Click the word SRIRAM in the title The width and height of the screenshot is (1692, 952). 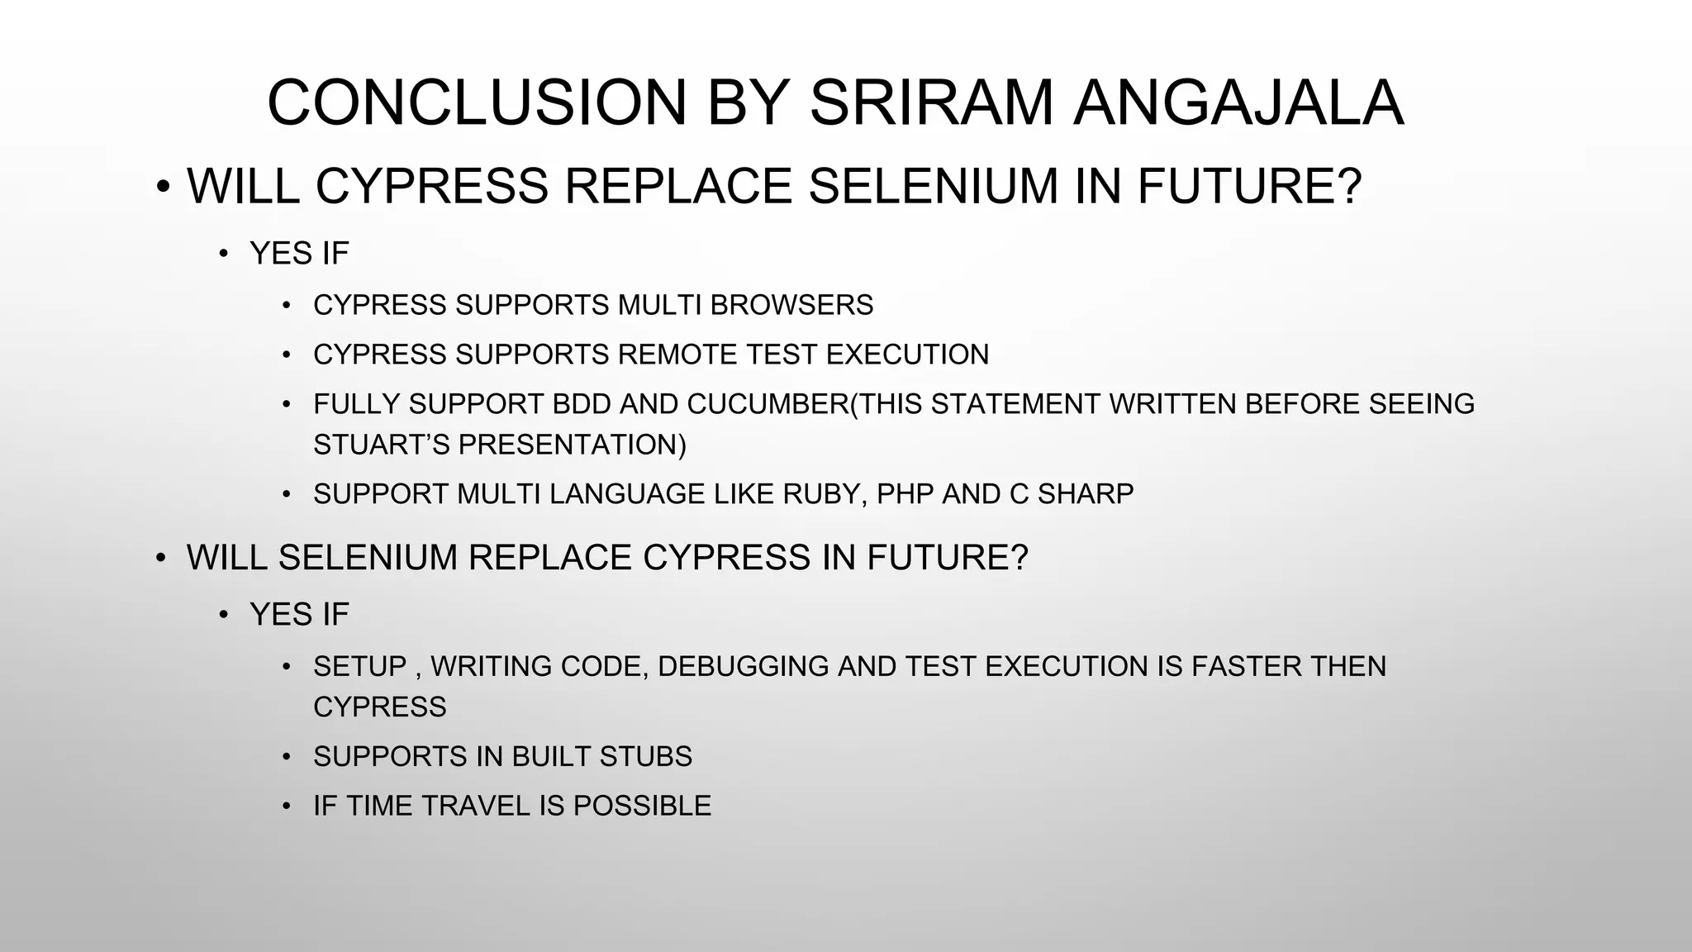pos(931,103)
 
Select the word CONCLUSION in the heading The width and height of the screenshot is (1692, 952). pos(477,103)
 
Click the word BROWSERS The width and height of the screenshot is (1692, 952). pos(791,305)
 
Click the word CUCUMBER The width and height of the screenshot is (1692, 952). pos(768,404)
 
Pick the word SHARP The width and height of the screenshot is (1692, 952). pos(1085,494)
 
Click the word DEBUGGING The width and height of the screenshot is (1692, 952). pos(743,666)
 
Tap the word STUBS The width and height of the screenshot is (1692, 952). pos(646,757)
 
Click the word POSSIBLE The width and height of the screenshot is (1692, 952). pos(642,806)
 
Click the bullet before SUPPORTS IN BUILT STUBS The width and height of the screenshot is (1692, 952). pos(287,757)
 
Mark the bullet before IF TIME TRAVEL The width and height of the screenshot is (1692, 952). pos(287,806)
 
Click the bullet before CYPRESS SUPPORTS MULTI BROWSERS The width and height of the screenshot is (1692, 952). pos(287,306)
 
